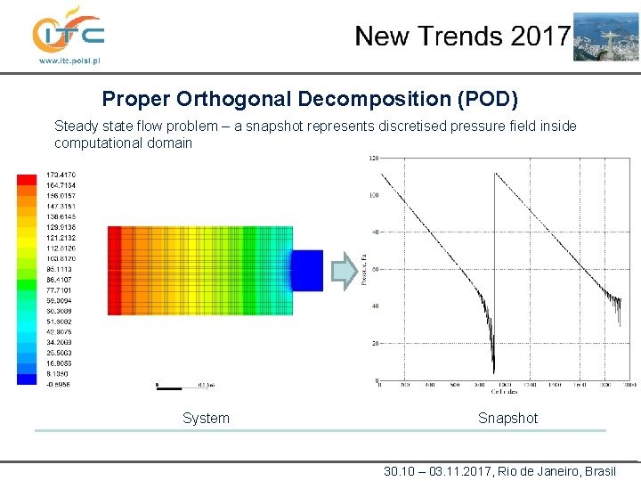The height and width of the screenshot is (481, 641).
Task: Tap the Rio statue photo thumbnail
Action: [605, 37]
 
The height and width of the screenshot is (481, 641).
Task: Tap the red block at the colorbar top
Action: [27, 179]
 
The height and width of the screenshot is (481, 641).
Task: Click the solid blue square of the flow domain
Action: [307, 270]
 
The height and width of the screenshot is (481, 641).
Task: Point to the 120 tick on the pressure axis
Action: [374, 159]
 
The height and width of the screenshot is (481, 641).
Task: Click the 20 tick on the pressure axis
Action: [376, 344]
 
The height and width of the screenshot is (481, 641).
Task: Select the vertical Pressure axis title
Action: [364, 270]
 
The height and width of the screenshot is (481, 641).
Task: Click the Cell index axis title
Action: [503, 392]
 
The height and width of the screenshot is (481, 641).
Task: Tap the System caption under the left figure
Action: [206, 419]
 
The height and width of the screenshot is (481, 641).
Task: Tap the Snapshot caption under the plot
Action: [507, 419]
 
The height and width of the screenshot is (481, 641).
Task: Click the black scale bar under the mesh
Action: [169, 387]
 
